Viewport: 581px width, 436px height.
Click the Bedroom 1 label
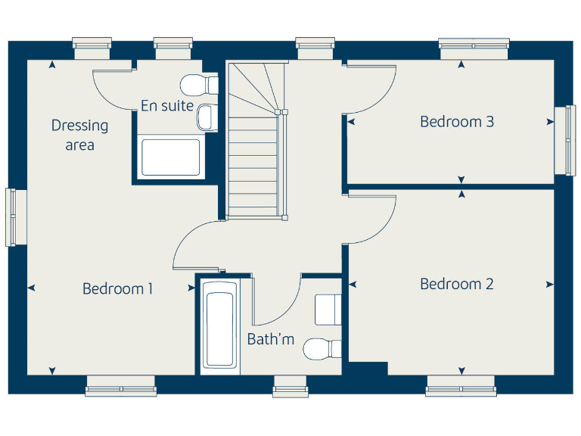point(118,288)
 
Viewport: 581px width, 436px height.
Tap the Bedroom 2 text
point(457,284)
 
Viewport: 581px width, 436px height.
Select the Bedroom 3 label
point(457,121)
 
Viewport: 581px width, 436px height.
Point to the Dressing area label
point(79,135)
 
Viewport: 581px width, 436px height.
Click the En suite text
point(167,106)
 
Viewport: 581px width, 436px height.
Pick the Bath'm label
point(271,339)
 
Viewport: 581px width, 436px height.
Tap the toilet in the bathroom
point(322,349)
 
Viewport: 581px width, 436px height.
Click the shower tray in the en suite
point(171,157)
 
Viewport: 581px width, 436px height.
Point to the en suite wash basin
point(205,117)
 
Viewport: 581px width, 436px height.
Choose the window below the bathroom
point(290,386)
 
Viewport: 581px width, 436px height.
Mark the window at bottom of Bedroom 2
point(460,386)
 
